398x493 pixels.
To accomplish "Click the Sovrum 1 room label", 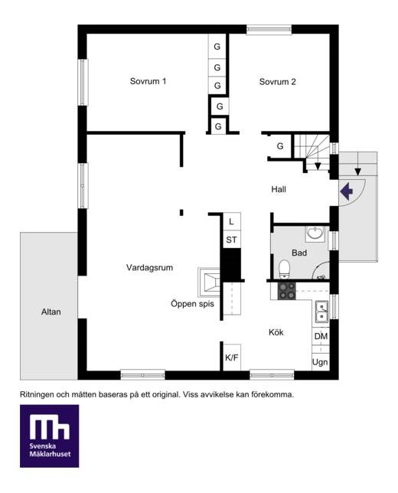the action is (x=148, y=81).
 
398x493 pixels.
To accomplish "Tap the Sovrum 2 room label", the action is (x=277, y=82).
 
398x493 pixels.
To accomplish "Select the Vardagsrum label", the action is (x=150, y=268).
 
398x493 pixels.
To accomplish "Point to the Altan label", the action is (x=51, y=312).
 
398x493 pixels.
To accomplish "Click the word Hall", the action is (x=279, y=189).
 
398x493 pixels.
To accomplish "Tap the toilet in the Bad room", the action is (x=284, y=269).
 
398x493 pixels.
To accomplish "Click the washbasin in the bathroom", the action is (x=315, y=233).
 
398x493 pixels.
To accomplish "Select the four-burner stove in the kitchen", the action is (x=287, y=291).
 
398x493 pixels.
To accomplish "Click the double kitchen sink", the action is (x=322, y=312).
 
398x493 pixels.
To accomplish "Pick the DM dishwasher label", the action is (x=321, y=336).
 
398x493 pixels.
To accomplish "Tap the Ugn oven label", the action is (x=320, y=362).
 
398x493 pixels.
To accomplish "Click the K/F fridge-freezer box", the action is (x=232, y=358).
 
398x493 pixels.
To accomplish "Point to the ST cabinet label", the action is (x=231, y=240).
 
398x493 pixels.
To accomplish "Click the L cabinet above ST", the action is (x=232, y=222).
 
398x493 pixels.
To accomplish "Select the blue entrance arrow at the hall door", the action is (x=347, y=191).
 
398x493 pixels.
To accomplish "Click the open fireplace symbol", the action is (x=210, y=282).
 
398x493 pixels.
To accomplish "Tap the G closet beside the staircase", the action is (x=280, y=146).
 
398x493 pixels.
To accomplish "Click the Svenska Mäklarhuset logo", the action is (x=49, y=436).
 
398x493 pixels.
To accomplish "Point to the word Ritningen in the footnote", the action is (x=37, y=394).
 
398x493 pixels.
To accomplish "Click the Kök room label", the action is (x=276, y=332).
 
